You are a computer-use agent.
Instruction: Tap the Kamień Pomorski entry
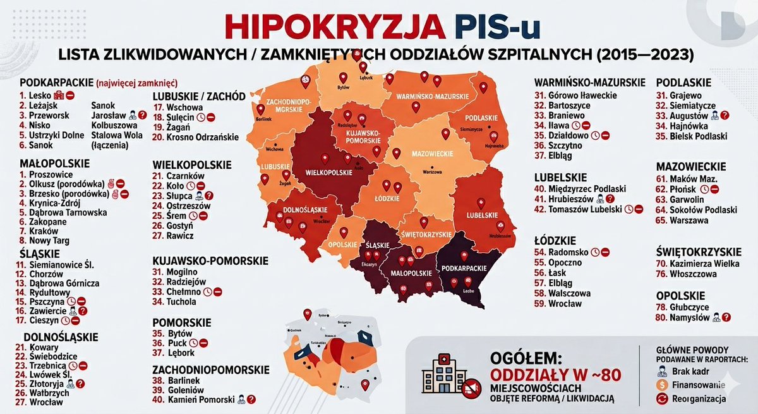click(202, 399)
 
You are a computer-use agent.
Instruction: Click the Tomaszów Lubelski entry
click(591, 209)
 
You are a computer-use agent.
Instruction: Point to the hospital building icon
click(442, 376)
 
